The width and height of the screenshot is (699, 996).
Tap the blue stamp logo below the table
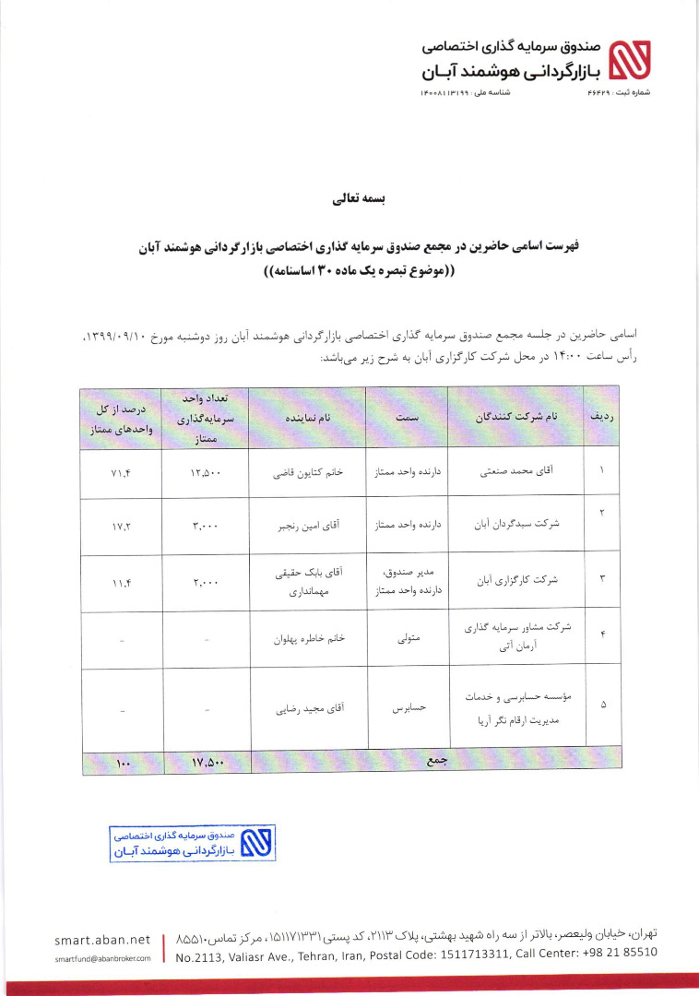pos(255,843)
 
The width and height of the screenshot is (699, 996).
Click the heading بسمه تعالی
pos(349,198)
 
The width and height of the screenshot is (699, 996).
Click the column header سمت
pos(407,418)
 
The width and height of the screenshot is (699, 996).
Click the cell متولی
pos(407,636)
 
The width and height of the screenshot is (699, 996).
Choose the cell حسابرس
pos(407,711)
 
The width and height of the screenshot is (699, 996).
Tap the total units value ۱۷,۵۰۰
pos(207,763)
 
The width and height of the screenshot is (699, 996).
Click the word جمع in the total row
pos(434,762)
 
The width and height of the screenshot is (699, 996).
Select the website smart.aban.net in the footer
pos(101,940)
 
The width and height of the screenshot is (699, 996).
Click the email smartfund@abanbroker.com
pos(101,959)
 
